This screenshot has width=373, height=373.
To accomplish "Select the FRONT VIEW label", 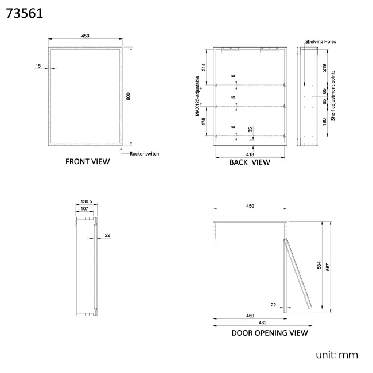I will pyautogui.click(x=87, y=162).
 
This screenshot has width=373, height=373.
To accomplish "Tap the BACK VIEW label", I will pyautogui.click(x=249, y=162).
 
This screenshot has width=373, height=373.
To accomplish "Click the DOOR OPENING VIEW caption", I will pyautogui.click(x=269, y=333).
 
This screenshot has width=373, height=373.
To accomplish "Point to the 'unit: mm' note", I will pyautogui.click(x=336, y=355).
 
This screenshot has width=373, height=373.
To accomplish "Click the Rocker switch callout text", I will pyautogui.click(x=144, y=153).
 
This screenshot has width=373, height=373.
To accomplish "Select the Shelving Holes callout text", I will pyautogui.click(x=320, y=41).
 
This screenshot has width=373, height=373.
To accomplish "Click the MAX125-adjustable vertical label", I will pyautogui.click(x=197, y=98).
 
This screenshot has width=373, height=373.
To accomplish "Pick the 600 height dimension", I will pyautogui.click(x=129, y=96).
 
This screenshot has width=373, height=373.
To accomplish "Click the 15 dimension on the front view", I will pyautogui.click(x=38, y=67).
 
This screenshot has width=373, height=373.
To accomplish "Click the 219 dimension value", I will pyautogui.click(x=324, y=68).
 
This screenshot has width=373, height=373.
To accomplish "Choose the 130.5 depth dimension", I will pyautogui.click(x=87, y=202).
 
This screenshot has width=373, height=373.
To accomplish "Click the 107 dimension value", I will pyautogui.click(x=84, y=209).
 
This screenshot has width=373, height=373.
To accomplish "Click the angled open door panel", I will pyautogui.click(x=298, y=275).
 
